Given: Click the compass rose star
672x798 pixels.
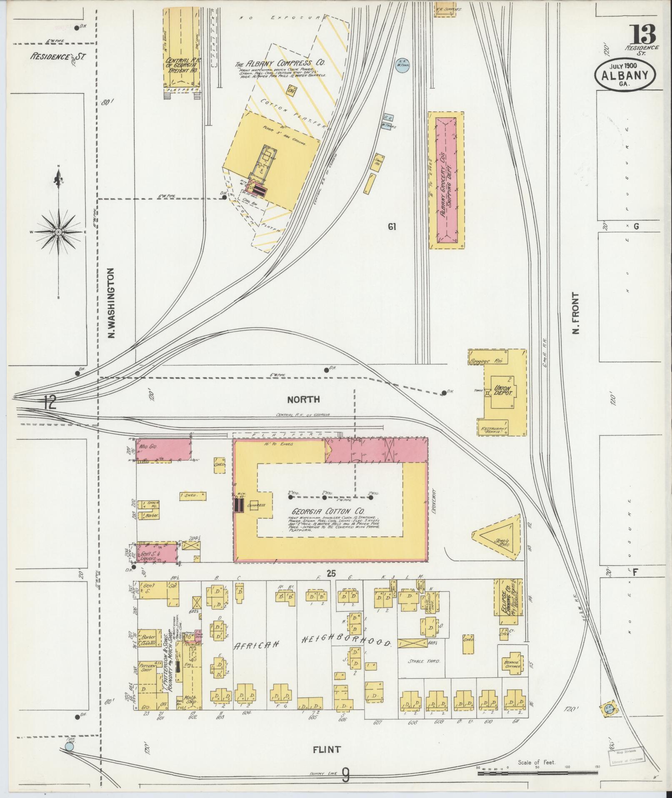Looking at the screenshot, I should [x=59, y=232].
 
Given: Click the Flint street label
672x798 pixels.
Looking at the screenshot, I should [x=327, y=750].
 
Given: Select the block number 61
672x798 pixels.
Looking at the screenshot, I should [x=392, y=227].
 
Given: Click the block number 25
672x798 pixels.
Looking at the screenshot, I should [x=331, y=573].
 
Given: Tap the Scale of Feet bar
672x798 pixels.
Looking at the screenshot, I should [x=537, y=773].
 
